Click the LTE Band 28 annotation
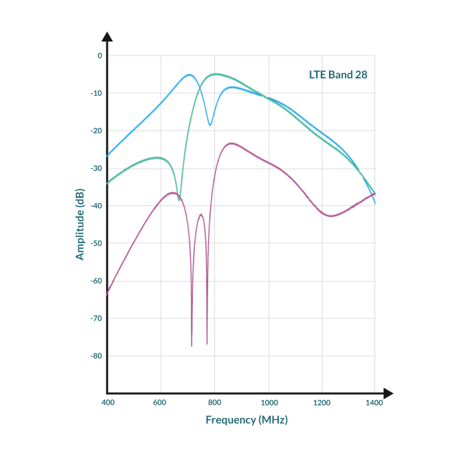coord(338,75)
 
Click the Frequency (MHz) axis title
coord(247,420)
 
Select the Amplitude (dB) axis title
coord(80,224)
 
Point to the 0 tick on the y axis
coord(100,56)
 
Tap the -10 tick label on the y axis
coord(96,93)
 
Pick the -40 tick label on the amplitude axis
coord(96,206)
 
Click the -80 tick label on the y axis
coord(96,356)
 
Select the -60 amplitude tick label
coord(96,281)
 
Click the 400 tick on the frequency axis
coord(108,403)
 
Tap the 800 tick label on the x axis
coord(214,403)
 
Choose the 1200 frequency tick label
coord(322,403)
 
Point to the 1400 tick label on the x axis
coord(374,403)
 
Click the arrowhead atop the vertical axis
coord(107,36)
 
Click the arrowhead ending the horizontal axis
coord(388,393)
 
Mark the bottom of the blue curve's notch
coord(210,125)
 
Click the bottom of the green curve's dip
coord(179,200)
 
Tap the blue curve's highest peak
coord(190,75)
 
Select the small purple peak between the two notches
coord(201,214)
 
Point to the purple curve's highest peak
coord(231,143)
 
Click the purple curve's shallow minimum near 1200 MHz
coord(331,216)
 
